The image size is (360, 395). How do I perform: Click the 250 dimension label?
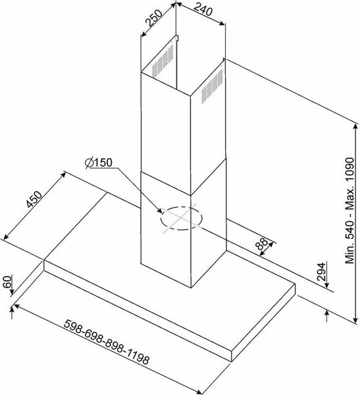pyautogui.click(x=153, y=18)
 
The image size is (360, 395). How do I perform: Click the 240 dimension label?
pyautogui.click(x=203, y=10)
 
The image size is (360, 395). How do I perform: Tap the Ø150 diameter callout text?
pyautogui.click(x=99, y=163)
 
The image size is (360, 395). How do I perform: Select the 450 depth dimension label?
pyautogui.click(x=34, y=199)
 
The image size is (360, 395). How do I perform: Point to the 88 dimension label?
pyautogui.click(x=261, y=244)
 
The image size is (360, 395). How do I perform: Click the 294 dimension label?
pyautogui.click(x=321, y=272)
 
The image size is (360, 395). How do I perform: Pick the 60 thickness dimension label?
pyautogui.click(x=7, y=282)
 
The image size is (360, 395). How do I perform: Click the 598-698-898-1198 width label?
pyautogui.click(x=107, y=342)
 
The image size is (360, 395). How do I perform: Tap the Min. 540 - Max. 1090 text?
pyautogui.click(x=350, y=211)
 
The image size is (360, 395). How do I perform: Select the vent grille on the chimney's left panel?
pyautogui.click(x=163, y=61)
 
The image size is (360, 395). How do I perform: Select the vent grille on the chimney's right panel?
pyautogui.click(x=212, y=86)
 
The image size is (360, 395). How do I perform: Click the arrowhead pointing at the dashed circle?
pyautogui.click(x=159, y=211)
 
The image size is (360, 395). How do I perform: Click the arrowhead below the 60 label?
pyautogui.click(x=12, y=292)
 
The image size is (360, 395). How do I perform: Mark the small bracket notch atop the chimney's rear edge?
pyautogui.click(x=176, y=38)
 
